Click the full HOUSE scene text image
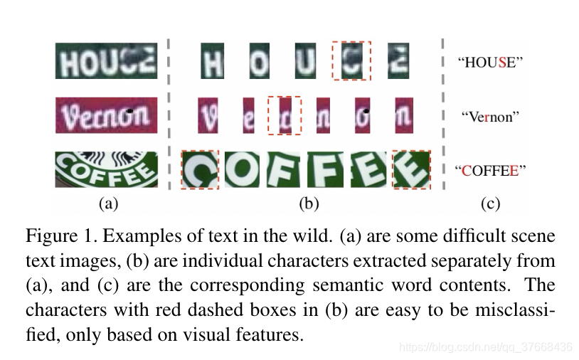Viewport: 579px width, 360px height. tap(107, 61)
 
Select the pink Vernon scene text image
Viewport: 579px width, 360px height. tap(107, 115)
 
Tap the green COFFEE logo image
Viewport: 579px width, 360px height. tap(107, 169)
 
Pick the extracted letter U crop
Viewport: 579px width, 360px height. tap(305, 61)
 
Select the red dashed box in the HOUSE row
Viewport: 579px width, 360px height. tap(351, 60)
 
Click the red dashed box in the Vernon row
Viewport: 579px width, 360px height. tap(284, 115)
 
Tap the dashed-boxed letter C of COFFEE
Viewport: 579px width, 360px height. tap(201, 170)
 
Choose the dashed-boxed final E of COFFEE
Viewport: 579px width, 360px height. tap(411, 170)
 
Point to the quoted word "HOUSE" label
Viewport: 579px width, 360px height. tap(489, 62)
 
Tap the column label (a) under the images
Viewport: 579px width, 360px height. tap(107, 204)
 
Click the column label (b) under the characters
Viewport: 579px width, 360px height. tap(307, 204)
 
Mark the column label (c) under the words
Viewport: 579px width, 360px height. tap(490, 204)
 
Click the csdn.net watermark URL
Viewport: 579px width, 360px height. tap(485, 347)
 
